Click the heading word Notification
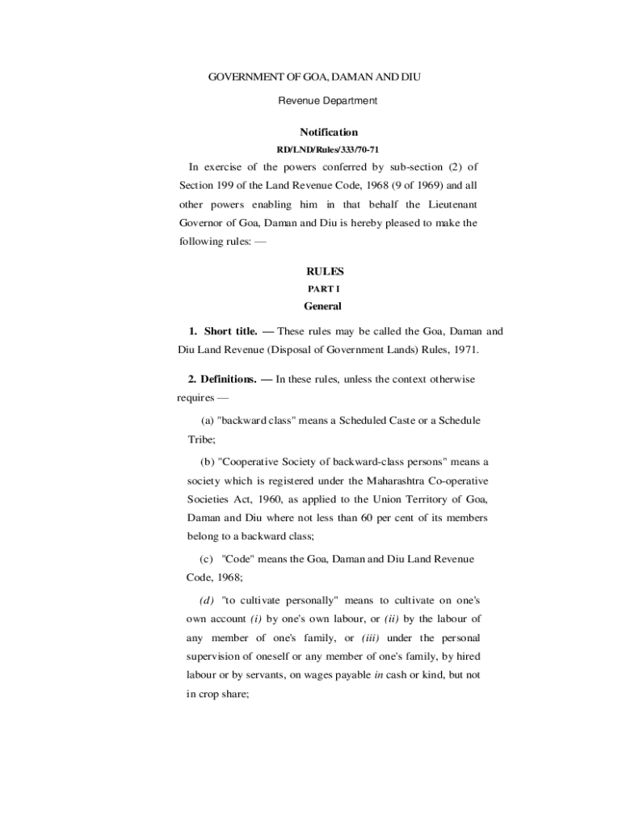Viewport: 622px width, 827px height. click(329, 132)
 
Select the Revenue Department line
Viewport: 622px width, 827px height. click(328, 101)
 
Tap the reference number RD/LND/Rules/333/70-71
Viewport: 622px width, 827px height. click(328, 150)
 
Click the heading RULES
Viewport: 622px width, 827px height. click(325, 272)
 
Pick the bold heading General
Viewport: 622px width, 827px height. click(322, 307)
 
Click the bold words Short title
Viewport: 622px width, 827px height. click(230, 332)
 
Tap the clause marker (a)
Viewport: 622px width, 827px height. click(208, 422)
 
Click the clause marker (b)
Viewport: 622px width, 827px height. click(208, 463)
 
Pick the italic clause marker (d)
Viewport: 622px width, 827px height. click(208, 601)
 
